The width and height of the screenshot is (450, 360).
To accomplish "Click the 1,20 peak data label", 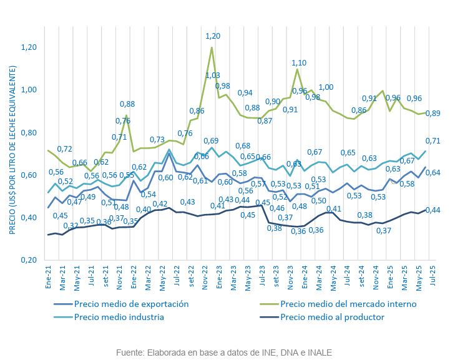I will click(213, 36).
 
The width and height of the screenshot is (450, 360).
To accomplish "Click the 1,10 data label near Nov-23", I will click(299, 62).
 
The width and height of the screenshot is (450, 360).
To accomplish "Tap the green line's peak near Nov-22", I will click(212, 47).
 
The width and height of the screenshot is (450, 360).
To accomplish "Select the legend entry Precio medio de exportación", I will click(130, 304).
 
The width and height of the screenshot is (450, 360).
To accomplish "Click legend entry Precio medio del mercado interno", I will click(348, 304).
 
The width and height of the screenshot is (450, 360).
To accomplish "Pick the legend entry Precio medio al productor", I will click(332, 316).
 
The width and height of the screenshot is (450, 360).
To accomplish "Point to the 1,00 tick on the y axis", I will click(29, 90).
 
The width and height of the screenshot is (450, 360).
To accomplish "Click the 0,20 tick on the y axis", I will click(29, 260).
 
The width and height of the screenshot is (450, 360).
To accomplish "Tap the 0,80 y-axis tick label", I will click(29, 132).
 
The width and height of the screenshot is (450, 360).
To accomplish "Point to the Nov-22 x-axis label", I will click(205, 275).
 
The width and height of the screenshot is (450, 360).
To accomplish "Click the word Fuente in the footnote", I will click(129, 351).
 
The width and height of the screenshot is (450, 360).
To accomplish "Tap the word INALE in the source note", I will click(318, 351).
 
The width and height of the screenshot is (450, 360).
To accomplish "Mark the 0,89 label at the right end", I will click(433, 113).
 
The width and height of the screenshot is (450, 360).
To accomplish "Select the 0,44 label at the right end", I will click(433, 210).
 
